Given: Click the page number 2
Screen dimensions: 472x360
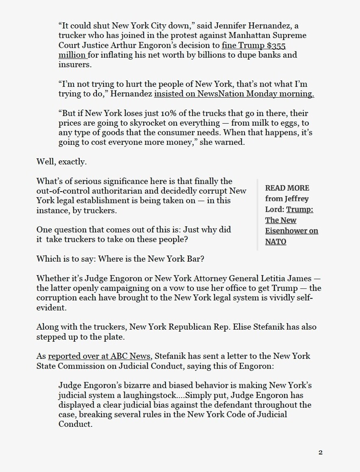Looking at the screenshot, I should tap(321, 452).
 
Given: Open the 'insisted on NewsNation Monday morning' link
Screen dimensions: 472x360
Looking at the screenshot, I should tap(234, 94).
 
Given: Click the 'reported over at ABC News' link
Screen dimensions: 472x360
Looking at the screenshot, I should tap(100, 356).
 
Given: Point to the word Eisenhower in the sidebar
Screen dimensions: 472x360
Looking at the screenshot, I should tap(292, 231).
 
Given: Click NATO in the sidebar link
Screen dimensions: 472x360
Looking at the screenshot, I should tap(275, 241).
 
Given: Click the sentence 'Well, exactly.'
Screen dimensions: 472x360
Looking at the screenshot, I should tap(61, 162).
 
